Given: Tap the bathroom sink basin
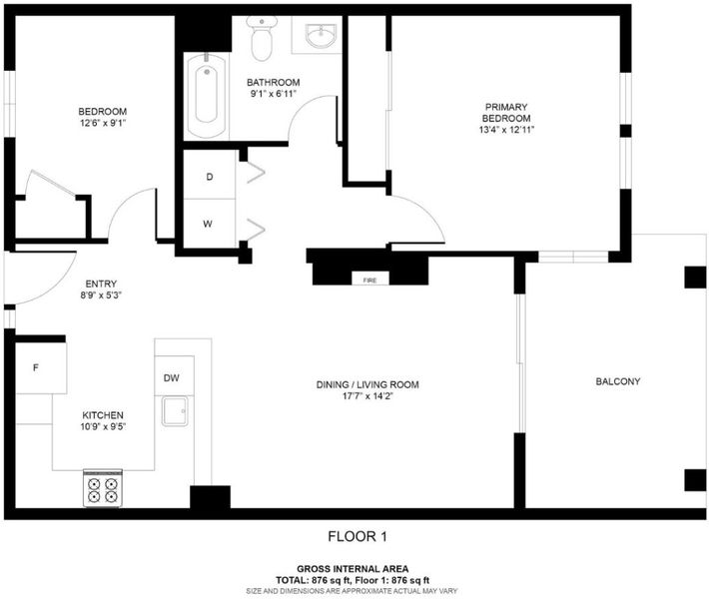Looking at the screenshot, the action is pos(321,36).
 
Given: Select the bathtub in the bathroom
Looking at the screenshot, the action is pos(206,96).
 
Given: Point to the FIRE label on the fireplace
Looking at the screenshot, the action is pos(369,281).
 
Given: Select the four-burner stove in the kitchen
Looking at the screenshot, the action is pos(103,488).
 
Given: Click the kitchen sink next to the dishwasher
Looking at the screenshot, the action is pos(175,411).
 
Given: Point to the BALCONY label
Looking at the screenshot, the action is pos(618,381).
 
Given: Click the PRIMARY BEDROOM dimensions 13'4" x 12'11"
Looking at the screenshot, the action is pos(506,130).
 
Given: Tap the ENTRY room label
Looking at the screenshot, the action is pos(101,284).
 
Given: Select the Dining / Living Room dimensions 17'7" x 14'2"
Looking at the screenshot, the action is pos(367,396).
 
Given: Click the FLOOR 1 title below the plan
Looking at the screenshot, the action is pos(357,537).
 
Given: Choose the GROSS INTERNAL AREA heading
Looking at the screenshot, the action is pos(353,569).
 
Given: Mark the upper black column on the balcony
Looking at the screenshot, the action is pos(695,278).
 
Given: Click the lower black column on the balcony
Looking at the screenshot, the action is pos(695,480).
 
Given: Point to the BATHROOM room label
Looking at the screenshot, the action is pos(273,82).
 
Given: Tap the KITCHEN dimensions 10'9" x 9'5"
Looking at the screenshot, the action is pos(103,426).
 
